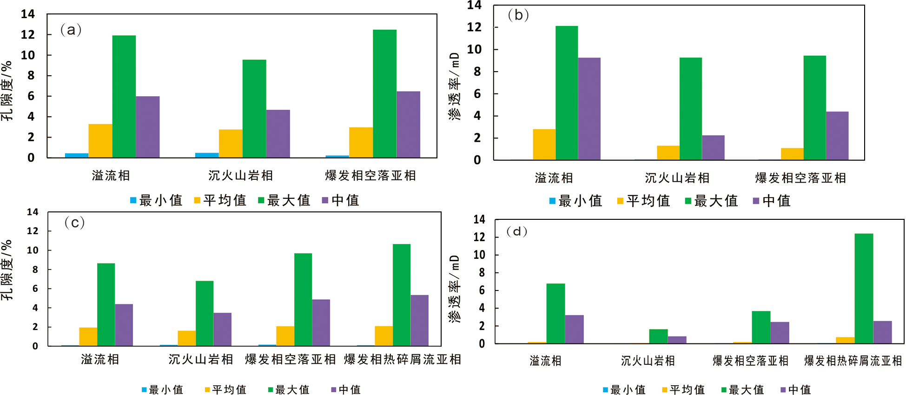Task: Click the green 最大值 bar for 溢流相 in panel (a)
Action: point(124,97)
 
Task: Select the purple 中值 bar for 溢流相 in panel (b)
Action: point(589,109)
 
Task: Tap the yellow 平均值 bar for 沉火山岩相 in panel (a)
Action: point(231,144)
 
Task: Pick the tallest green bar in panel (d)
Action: point(864,289)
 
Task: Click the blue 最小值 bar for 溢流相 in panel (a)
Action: point(77,155)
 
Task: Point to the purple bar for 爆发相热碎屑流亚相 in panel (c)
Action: point(419,320)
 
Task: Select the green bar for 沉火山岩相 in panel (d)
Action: point(658,336)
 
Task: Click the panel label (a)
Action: point(71,30)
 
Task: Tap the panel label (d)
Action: point(516,231)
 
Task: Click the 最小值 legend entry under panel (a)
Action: point(156,200)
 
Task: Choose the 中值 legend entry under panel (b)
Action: point(772,201)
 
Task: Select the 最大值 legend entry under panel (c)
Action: point(289,389)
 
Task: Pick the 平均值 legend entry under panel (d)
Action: point(683,389)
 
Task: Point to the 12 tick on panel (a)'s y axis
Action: point(28,34)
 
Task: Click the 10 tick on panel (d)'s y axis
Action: point(479,255)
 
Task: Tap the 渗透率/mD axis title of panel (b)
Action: point(454,86)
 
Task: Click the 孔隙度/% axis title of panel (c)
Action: point(7,270)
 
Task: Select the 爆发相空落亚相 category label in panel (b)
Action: point(800,178)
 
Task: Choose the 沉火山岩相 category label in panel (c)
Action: point(201,359)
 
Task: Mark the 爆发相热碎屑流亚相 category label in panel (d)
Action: point(853,361)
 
